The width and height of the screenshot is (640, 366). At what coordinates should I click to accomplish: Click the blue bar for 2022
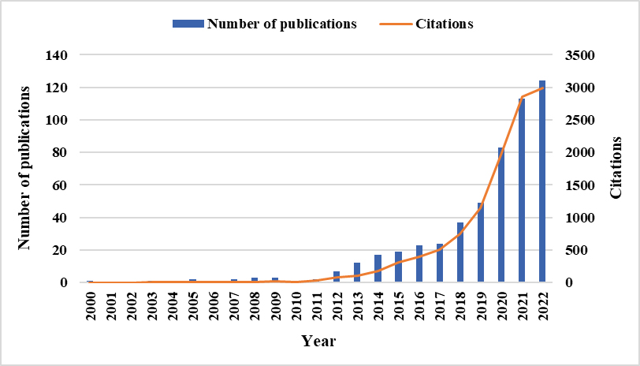click(542, 181)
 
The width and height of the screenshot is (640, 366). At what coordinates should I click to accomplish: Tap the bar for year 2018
click(460, 252)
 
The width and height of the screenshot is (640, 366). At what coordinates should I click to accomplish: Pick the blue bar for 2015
click(399, 267)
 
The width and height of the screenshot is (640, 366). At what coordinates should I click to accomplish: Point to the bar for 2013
click(357, 272)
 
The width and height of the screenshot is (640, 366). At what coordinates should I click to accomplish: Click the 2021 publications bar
click(522, 190)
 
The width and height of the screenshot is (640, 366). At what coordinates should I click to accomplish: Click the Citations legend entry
click(441, 24)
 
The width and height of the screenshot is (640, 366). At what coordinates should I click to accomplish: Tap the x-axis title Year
click(318, 342)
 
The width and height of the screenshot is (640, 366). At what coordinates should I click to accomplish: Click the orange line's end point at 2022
click(542, 88)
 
